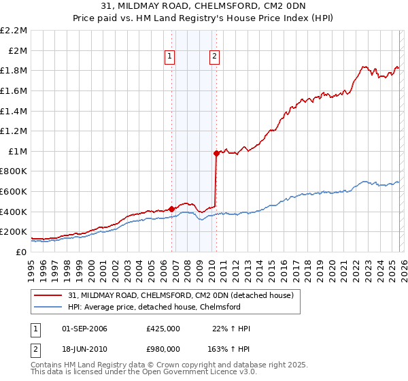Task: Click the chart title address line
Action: pyautogui.click(x=204, y=7)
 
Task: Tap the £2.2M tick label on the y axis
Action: pyautogui.click(x=14, y=31)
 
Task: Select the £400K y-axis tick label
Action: pyautogui.click(x=14, y=212)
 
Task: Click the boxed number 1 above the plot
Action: pyautogui.click(x=169, y=57)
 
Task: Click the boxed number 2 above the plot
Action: pyautogui.click(x=214, y=57)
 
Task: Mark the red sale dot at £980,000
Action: pyautogui.click(x=216, y=153)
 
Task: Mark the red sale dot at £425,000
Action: pyautogui.click(x=171, y=209)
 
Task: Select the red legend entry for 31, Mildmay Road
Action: pyautogui.click(x=180, y=295)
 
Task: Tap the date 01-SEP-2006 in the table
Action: pyautogui.click(x=81, y=329)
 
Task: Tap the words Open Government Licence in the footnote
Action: pyautogui.click(x=197, y=374)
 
